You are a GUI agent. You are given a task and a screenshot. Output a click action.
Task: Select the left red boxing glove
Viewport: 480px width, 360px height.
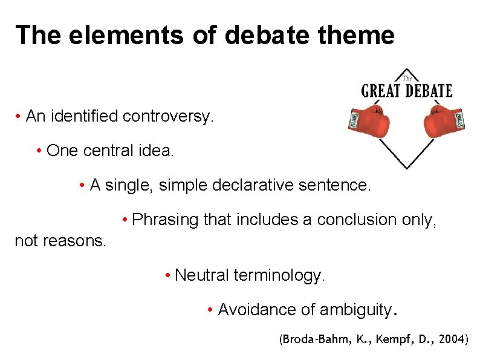pyautogui.click(x=371, y=120)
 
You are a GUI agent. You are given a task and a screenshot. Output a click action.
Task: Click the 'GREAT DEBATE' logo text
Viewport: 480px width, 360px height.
pyautogui.click(x=406, y=91)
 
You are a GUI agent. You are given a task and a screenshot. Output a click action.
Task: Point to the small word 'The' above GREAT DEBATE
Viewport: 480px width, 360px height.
pyautogui.click(x=407, y=77)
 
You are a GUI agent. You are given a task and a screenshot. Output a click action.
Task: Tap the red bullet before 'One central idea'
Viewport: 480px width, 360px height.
pyautogui.click(x=38, y=151)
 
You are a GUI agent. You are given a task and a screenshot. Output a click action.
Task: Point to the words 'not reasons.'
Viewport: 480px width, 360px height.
pyautogui.click(x=60, y=241)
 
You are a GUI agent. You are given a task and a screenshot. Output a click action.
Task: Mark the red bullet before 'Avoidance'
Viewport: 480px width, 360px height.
pyautogui.click(x=209, y=310)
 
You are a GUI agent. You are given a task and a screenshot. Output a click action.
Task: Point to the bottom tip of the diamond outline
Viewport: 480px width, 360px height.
pyautogui.click(x=407, y=168)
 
